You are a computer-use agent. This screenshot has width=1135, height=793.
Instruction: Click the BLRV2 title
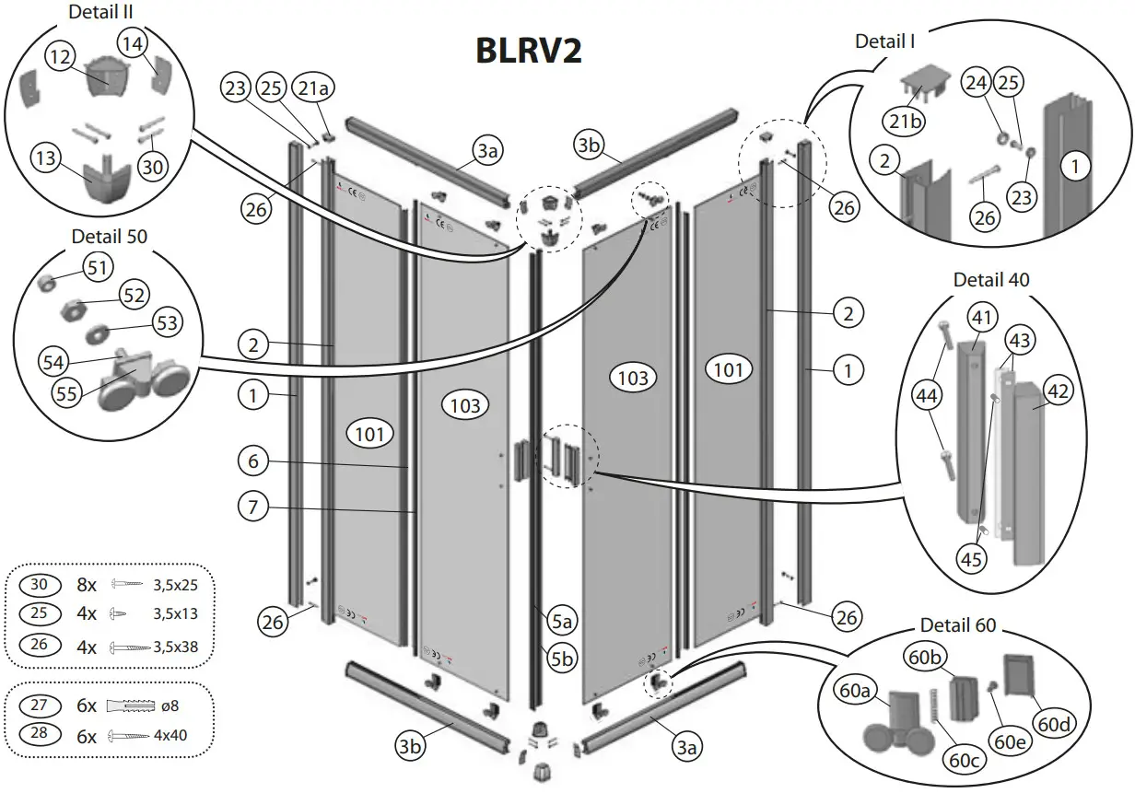point(529,51)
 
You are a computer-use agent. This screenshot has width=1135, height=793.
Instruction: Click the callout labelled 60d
point(1053,724)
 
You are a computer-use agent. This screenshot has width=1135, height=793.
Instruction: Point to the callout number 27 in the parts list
point(39,706)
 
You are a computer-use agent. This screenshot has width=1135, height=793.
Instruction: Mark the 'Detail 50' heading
point(109,237)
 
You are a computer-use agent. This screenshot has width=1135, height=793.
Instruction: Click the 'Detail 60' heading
point(958,625)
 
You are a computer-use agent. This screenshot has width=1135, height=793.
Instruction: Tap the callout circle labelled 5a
point(563,624)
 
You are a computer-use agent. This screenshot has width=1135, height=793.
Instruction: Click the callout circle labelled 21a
point(311,88)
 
